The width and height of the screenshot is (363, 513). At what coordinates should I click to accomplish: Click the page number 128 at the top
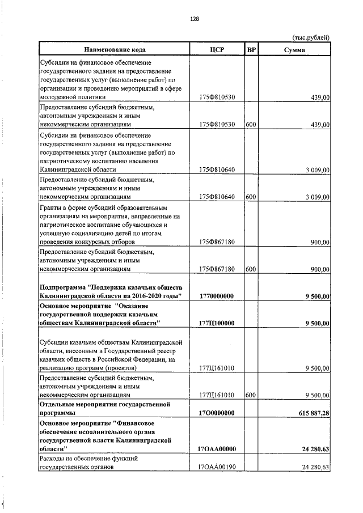click(x=194, y=19)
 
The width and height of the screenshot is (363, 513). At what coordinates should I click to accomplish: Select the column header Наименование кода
click(x=113, y=50)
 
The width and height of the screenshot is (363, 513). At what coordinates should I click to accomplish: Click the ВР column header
click(x=252, y=50)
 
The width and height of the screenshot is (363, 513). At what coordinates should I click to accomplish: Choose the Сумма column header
click(x=295, y=50)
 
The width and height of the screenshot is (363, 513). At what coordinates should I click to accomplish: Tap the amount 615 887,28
click(x=310, y=413)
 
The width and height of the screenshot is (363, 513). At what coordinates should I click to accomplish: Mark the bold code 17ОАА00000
click(x=217, y=449)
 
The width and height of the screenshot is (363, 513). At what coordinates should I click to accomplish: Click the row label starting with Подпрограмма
click(x=111, y=291)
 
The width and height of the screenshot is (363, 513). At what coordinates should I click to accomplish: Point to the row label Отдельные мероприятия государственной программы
click(x=104, y=409)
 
